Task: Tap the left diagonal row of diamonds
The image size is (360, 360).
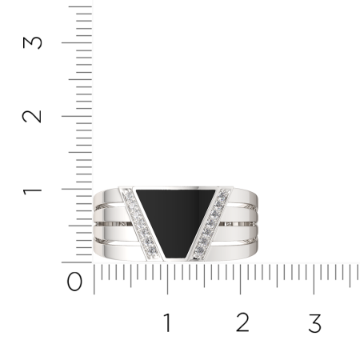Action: tap(140, 222)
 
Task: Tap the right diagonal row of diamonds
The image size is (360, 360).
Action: tap(211, 223)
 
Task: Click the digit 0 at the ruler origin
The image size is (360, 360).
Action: tap(74, 282)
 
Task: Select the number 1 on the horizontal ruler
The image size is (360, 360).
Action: tap(167, 322)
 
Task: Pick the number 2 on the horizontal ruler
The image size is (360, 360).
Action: tap(242, 322)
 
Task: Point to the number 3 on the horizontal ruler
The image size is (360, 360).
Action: tap(315, 323)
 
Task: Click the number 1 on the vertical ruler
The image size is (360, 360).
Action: tap(32, 191)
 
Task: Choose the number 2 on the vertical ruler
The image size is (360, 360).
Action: tap(32, 116)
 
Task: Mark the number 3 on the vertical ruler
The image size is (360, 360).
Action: tap(32, 42)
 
